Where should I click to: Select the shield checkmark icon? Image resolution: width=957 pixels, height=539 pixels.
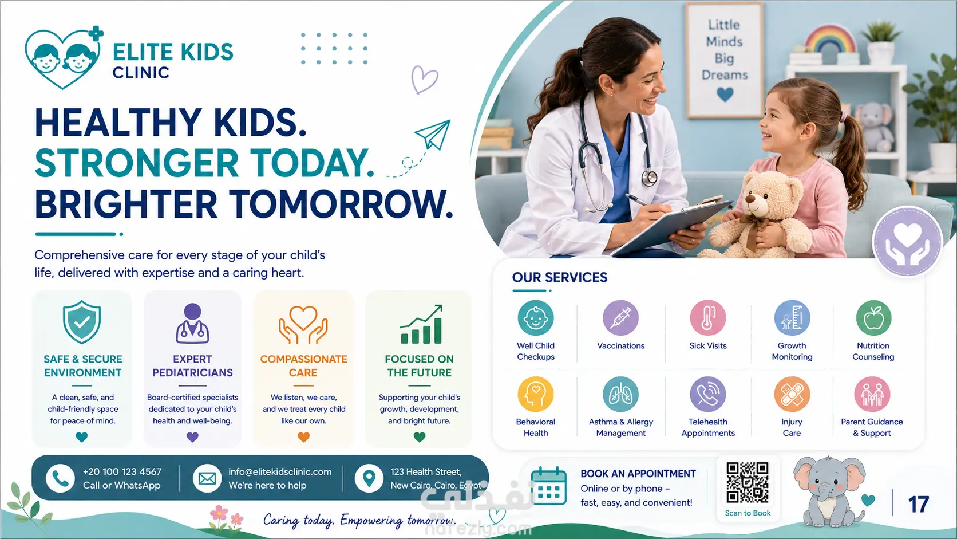(82, 322)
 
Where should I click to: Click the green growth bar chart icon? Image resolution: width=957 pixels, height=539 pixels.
(421, 324)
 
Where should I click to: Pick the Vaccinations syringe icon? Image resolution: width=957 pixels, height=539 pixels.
(620, 318)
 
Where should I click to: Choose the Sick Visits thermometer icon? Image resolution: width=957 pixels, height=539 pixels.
(707, 318)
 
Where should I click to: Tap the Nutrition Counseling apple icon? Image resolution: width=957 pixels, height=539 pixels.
(873, 318)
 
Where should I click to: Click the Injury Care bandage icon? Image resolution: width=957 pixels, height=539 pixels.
(792, 394)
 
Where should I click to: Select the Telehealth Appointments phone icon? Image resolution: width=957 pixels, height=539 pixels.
(707, 394)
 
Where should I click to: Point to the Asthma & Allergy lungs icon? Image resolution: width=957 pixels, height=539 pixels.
(620, 394)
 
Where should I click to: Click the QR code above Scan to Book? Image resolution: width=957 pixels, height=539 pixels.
(748, 482)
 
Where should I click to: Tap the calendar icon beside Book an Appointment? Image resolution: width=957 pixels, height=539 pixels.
(548, 486)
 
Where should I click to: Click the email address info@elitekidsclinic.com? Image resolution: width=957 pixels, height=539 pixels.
(280, 471)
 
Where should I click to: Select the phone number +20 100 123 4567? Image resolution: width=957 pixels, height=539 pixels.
(122, 471)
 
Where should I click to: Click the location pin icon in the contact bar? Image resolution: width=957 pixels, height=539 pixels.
(369, 478)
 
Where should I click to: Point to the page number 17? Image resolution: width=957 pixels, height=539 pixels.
(919, 505)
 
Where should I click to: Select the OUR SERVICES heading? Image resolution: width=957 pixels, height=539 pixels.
(560, 277)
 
